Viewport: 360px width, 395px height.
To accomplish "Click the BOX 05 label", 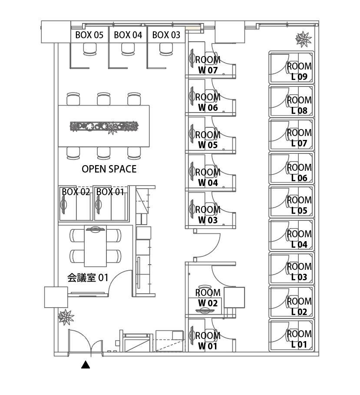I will click(x=89, y=35).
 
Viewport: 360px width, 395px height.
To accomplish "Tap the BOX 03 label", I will click(x=166, y=35).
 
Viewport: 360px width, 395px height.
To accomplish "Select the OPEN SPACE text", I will click(x=109, y=169).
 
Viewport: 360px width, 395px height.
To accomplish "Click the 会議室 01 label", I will click(x=88, y=277).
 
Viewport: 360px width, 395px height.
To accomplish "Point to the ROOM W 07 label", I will click(x=208, y=64).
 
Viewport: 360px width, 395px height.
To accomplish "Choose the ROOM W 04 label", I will click(x=208, y=177).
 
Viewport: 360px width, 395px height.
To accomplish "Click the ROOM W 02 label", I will click(x=208, y=298).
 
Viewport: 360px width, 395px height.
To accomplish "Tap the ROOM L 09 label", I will click(x=299, y=71).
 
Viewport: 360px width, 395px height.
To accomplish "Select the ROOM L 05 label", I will click(x=299, y=205).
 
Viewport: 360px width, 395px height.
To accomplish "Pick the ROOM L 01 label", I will click(x=299, y=339).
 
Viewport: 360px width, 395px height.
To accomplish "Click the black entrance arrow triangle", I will click(x=86, y=365).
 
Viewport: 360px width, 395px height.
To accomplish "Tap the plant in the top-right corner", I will click(x=303, y=39).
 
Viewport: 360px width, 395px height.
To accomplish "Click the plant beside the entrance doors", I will click(x=66, y=316).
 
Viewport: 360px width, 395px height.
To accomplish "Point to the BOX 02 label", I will click(x=76, y=192).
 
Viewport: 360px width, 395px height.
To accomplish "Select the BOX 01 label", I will click(x=110, y=192).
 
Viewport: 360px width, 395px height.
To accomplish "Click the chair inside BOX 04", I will click(x=128, y=50).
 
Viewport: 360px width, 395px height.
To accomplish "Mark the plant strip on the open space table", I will click(x=104, y=126).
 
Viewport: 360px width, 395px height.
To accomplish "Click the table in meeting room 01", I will click(x=95, y=248).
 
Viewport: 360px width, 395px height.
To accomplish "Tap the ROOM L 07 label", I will click(x=299, y=138).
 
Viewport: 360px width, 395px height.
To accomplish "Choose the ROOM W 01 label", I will click(x=208, y=341).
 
